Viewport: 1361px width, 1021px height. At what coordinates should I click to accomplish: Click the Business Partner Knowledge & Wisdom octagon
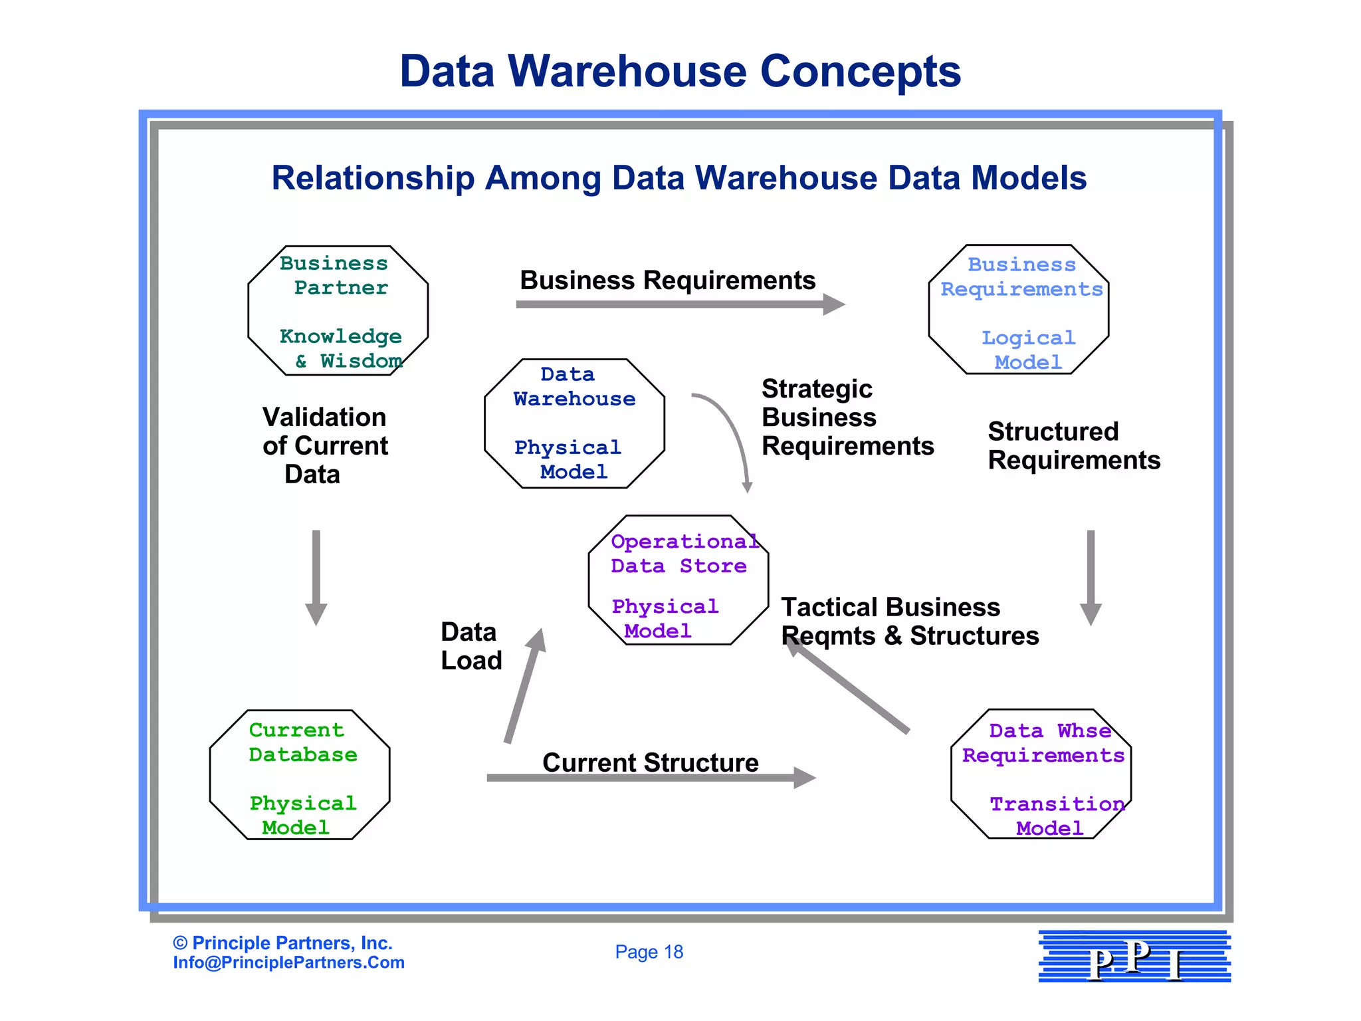tap(338, 311)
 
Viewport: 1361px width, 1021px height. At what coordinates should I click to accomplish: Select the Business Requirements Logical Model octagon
tap(1018, 310)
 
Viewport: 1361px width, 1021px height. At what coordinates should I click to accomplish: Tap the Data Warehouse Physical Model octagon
tap(574, 423)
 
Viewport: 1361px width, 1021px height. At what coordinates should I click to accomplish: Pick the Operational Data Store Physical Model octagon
tap(678, 580)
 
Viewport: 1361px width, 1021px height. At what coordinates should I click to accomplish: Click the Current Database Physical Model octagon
tap(299, 775)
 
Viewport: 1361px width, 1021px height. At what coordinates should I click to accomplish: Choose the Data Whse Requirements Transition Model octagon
tap(1041, 774)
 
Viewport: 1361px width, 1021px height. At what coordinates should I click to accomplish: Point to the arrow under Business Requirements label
tap(678, 304)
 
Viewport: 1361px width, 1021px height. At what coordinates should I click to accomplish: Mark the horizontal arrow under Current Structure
tap(648, 778)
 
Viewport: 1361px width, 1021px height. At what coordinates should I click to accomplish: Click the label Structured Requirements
tap(1073, 445)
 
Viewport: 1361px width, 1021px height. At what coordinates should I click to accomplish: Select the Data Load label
tap(471, 646)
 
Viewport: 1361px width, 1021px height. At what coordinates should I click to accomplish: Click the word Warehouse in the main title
tap(628, 71)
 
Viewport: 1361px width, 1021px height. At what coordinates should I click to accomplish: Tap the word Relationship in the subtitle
tap(373, 178)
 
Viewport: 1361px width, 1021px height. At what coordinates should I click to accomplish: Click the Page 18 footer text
tap(649, 952)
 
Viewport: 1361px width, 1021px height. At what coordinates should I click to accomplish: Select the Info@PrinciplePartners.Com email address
tap(288, 963)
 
